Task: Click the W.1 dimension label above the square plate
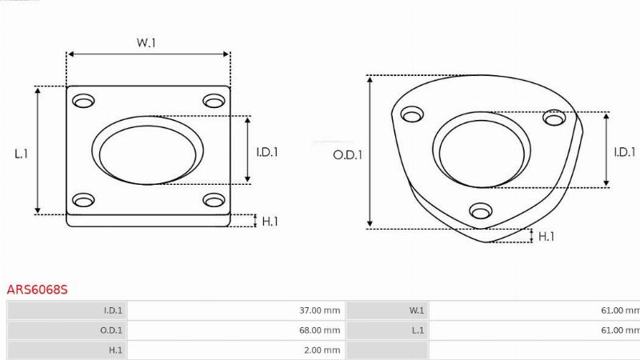[x=146, y=42]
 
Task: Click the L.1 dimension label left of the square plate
[x=22, y=154]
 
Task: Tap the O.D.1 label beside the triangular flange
[x=348, y=155]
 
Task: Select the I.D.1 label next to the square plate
[x=267, y=152]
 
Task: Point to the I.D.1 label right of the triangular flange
[x=625, y=152]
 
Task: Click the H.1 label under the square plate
[x=270, y=222]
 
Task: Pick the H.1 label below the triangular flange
[x=546, y=236]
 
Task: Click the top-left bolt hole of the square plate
[x=83, y=101]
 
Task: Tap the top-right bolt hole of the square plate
[x=214, y=101]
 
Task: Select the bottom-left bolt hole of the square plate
[x=83, y=200]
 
